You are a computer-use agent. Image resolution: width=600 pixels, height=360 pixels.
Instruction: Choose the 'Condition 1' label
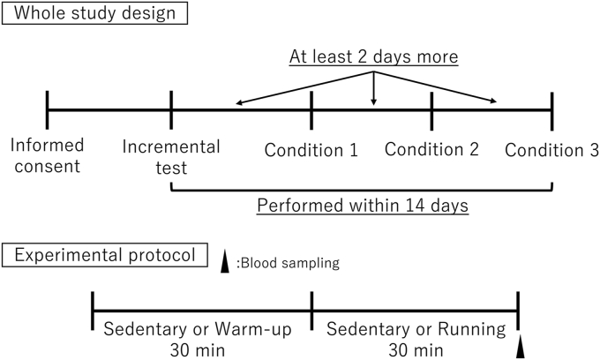pyautogui.click(x=311, y=149)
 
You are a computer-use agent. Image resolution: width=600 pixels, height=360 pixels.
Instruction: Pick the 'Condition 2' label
pyautogui.click(x=431, y=149)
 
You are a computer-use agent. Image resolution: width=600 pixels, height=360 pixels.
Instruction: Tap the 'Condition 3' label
pyautogui.click(x=551, y=149)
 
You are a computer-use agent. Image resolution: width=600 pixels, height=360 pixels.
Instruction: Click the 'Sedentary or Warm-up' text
pyautogui.click(x=202, y=332)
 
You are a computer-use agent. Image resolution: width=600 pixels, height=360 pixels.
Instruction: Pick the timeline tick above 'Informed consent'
pyautogui.click(x=48, y=110)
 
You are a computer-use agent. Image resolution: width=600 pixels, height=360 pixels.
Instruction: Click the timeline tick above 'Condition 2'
pyautogui.click(x=431, y=110)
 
